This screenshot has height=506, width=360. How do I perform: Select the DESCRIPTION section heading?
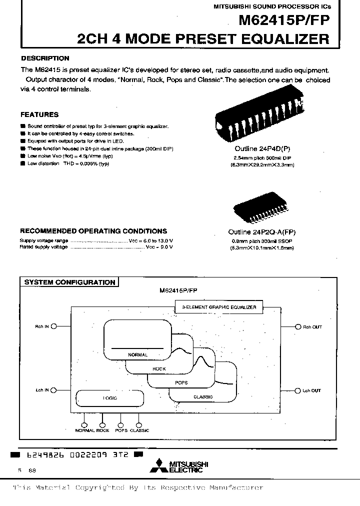pos(45,58)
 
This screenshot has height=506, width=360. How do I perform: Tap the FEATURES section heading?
pos(39,114)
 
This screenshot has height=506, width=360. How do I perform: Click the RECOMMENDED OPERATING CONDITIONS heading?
pos(93,231)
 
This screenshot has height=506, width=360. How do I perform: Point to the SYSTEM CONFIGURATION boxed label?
pos(70,282)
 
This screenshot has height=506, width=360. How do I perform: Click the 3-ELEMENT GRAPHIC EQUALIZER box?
pos(218,307)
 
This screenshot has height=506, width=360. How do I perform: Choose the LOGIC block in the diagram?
pos(109,398)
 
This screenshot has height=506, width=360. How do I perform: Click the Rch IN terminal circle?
pos(53,325)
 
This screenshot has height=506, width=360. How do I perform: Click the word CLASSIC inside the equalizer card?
pos(202,397)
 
